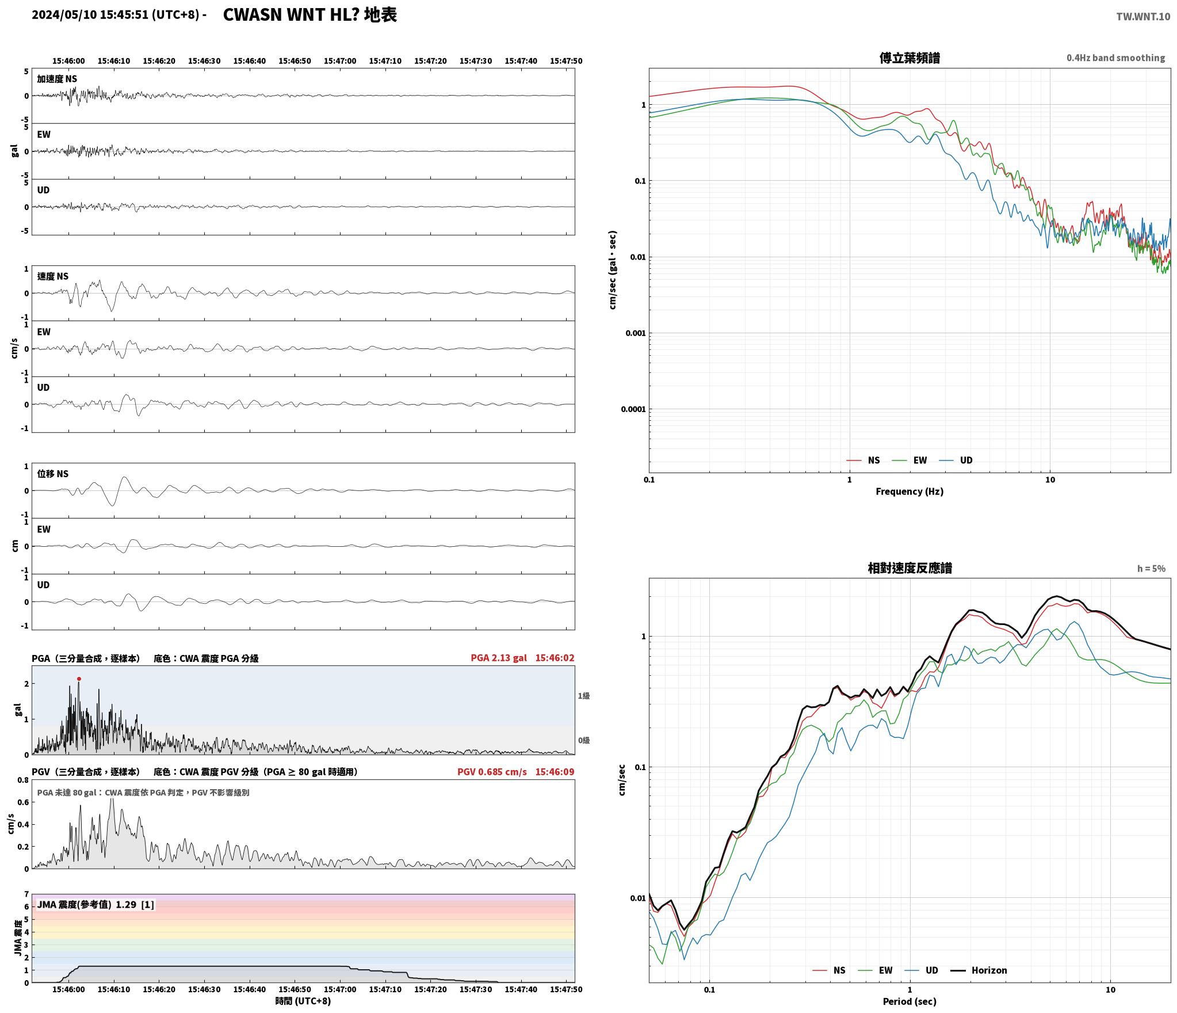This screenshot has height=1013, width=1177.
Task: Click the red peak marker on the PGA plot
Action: pos(79,679)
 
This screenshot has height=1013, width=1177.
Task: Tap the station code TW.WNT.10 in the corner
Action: pos(1143,17)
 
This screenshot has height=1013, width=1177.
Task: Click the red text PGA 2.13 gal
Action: pos(499,658)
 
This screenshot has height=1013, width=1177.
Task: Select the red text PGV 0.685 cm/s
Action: pos(492,772)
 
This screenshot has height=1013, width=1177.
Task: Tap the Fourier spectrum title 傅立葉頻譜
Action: pos(910,58)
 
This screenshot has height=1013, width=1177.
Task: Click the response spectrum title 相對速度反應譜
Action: pos(910,568)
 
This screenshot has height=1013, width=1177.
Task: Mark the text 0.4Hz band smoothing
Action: pos(1115,58)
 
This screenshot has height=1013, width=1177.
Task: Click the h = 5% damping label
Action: pos(1151,569)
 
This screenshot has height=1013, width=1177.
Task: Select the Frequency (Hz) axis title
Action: pos(910,492)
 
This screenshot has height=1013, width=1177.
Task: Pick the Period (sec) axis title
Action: pos(910,1001)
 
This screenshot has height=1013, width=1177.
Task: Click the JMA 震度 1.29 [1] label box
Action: pos(95,905)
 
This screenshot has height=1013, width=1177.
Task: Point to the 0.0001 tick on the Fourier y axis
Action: pos(633,409)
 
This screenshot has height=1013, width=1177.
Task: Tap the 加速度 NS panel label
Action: pos(57,79)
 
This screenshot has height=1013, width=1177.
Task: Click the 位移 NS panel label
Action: pos(53,474)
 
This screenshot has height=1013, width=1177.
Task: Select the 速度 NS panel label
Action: pos(53,276)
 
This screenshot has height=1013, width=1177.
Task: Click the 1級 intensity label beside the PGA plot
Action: pos(583,696)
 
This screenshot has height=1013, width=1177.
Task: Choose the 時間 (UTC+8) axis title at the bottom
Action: pos(303,1001)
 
